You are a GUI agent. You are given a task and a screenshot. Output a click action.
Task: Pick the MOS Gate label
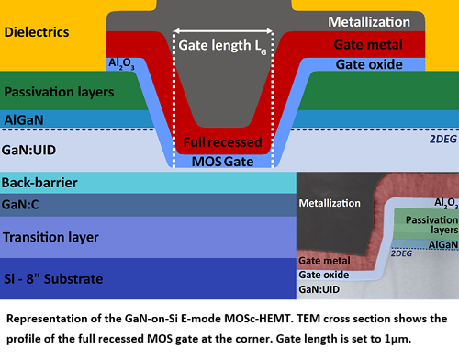tap(223, 162)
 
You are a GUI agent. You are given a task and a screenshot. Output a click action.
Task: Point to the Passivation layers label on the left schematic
tap(58, 93)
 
